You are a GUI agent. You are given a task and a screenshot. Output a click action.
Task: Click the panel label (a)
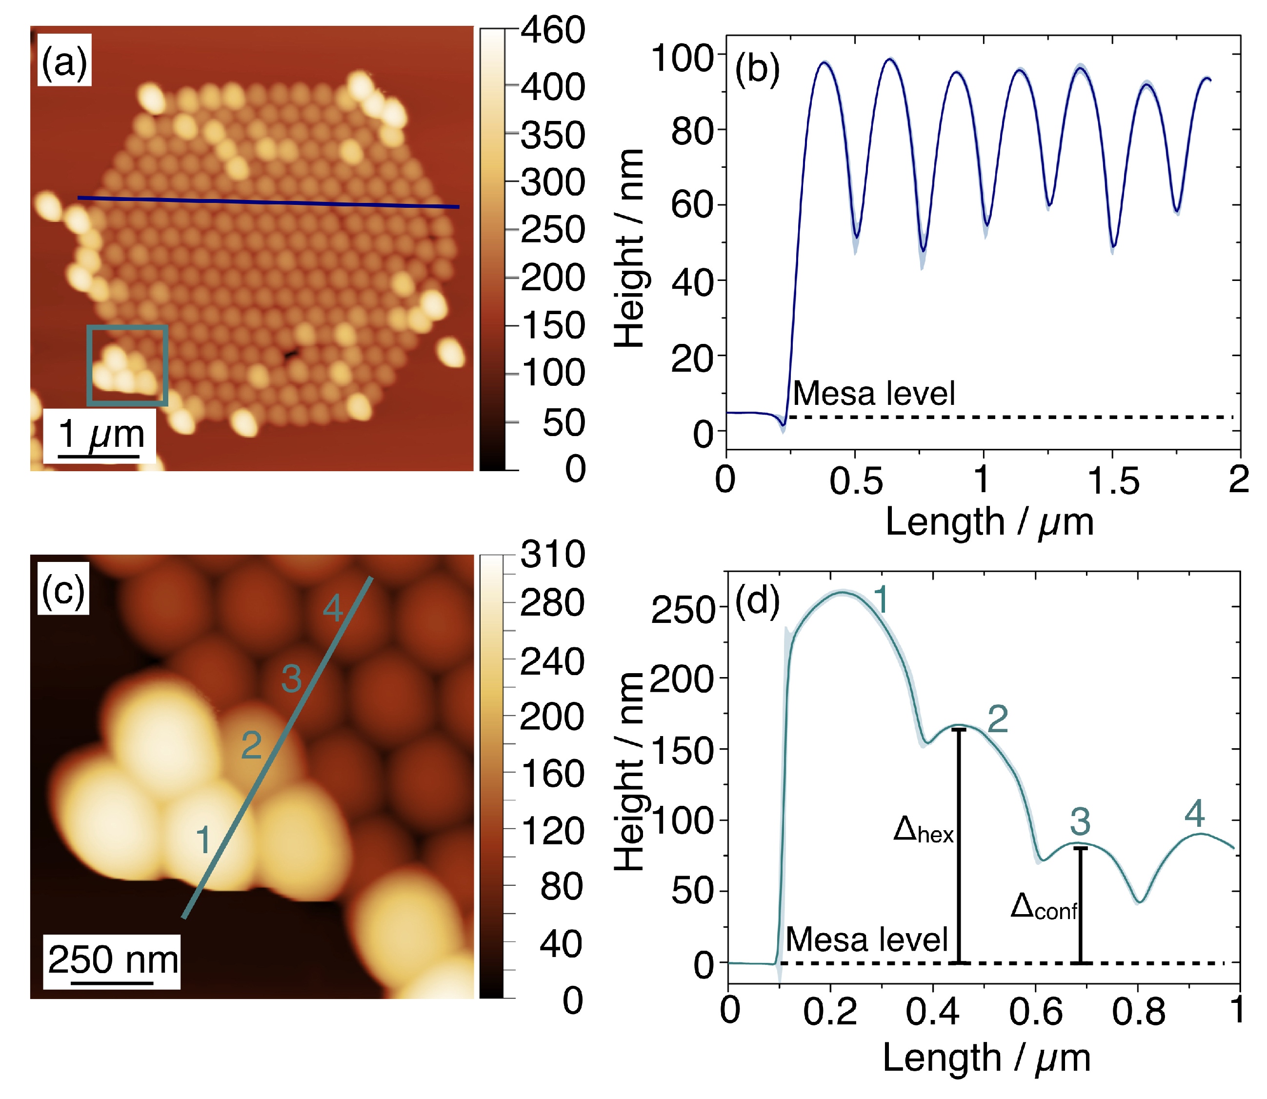click(64, 61)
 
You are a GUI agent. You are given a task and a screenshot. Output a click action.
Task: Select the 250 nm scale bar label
click(113, 960)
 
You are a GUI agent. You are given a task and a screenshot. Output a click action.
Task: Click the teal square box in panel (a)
click(127, 365)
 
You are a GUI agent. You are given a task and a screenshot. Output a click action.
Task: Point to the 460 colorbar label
click(552, 31)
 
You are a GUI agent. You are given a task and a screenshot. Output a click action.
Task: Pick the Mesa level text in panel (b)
click(873, 393)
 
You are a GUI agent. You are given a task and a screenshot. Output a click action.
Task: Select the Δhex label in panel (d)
click(923, 830)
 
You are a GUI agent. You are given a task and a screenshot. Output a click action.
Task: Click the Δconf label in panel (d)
click(1043, 906)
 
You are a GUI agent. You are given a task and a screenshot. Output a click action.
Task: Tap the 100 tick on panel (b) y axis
click(682, 59)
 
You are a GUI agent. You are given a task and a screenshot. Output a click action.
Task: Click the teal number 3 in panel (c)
click(291, 679)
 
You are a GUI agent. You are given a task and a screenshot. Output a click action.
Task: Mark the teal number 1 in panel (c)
click(203, 840)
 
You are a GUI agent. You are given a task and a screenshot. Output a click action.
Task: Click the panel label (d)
click(757, 601)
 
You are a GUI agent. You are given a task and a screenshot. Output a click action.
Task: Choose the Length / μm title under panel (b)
click(988, 522)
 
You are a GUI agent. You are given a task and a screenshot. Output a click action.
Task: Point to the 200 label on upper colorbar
click(552, 278)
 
